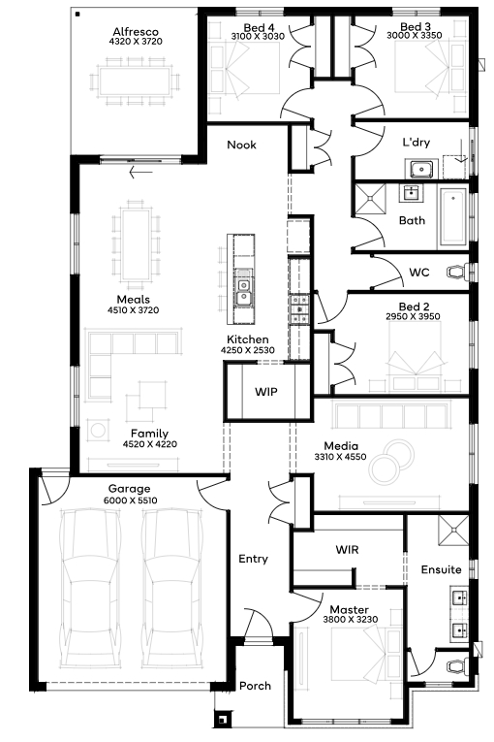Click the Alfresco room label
136,32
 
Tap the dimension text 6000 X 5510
131,500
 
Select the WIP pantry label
266,392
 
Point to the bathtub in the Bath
454,217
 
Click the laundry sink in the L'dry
418,169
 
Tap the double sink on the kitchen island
244,290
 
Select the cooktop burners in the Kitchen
299,309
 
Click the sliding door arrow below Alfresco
140,172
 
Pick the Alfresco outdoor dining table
136,81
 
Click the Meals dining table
137,244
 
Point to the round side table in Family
98,431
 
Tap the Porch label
256,686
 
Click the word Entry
254,559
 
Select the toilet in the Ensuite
457,666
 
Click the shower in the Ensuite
453,531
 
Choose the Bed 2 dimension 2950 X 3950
413,316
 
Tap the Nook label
241,145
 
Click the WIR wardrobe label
347,550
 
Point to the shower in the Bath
371,199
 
